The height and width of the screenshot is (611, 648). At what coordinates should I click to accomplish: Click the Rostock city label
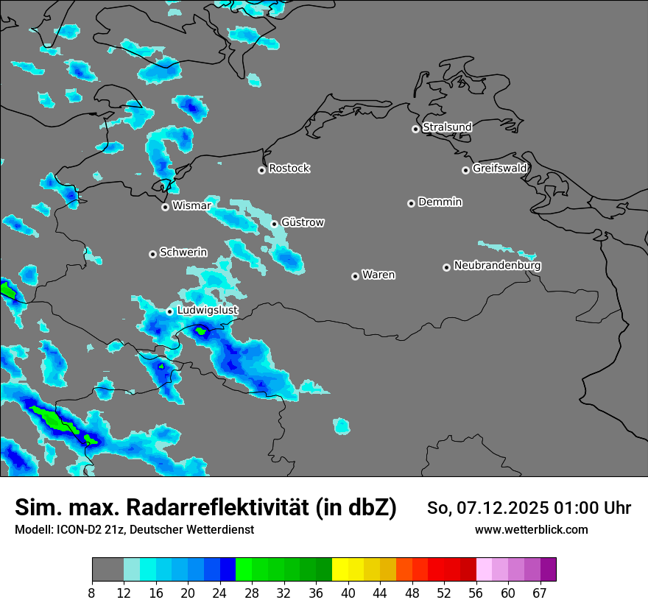pos(289,169)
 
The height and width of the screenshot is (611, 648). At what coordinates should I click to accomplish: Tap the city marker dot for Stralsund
pos(415,129)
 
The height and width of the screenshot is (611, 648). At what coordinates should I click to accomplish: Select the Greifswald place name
pos(499,169)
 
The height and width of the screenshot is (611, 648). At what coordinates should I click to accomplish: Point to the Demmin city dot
pos(411,203)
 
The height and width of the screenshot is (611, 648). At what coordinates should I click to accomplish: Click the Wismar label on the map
pos(191,206)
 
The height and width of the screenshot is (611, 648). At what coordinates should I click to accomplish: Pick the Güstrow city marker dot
pos(274,224)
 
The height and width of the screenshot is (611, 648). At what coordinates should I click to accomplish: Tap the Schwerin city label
pos(183,252)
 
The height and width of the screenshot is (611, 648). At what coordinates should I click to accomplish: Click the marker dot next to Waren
pos(355,276)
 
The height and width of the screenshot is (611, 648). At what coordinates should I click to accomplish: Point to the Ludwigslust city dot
pos(169,311)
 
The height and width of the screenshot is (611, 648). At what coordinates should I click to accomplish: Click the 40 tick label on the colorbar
pos(348,593)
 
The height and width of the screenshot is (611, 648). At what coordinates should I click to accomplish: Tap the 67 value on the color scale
pos(539,593)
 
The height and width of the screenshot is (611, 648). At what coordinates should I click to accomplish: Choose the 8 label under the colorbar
pos(92,593)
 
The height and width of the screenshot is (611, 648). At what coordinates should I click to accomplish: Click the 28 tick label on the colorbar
pos(252,593)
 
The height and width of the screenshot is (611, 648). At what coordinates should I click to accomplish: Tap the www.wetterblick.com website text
pos(531,529)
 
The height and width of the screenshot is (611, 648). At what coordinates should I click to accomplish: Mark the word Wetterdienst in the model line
pos(220,529)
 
